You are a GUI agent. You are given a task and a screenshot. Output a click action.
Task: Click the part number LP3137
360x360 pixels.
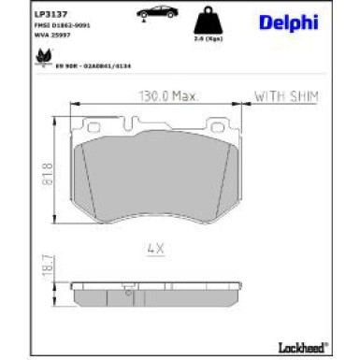pyautogui.click(x=46, y=14)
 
